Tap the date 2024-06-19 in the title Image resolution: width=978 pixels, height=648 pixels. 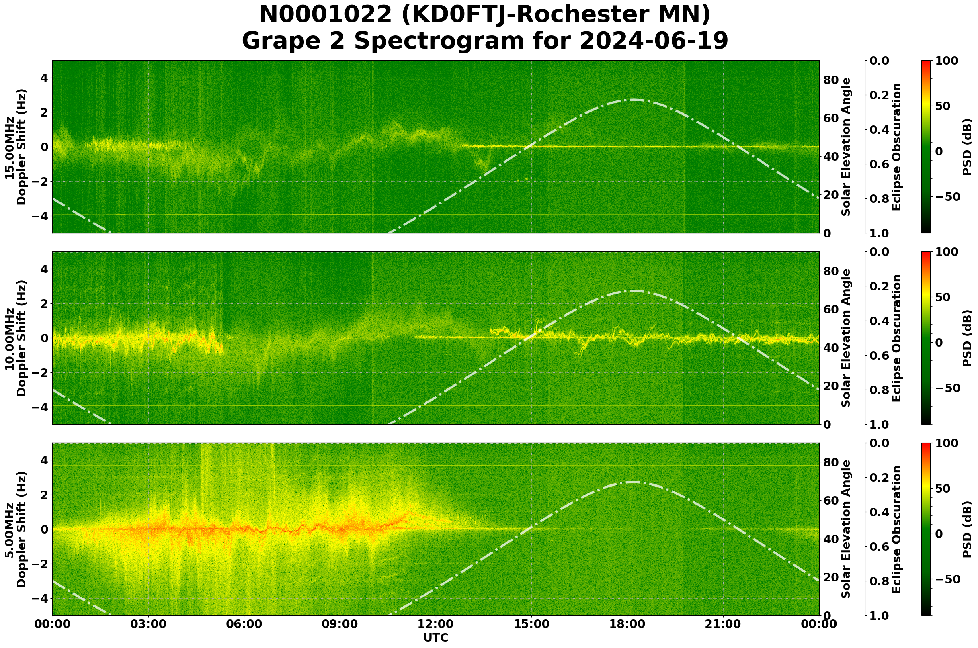pyautogui.click(x=653, y=41)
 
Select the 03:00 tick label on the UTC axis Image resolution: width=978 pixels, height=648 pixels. pyautogui.click(x=148, y=624)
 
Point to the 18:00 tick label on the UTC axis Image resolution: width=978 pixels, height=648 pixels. pyautogui.click(x=627, y=624)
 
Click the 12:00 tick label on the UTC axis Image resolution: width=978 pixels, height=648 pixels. pyautogui.click(x=436, y=624)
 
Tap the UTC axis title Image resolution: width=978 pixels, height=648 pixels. pyautogui.click(x=436, y=638)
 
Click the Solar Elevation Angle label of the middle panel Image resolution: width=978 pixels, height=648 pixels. pyautogui.click(x=846, y=338)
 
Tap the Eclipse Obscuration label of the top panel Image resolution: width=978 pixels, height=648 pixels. pyautogui.click(x=896, y=147)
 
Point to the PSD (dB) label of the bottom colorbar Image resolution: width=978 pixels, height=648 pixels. pyautogui.click(x=967, y=529)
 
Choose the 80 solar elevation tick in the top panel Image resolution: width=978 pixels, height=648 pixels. pyautogui.click(x=830, y=80)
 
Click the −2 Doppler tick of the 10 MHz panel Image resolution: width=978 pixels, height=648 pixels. pyautogui.click(x=40, y=373)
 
